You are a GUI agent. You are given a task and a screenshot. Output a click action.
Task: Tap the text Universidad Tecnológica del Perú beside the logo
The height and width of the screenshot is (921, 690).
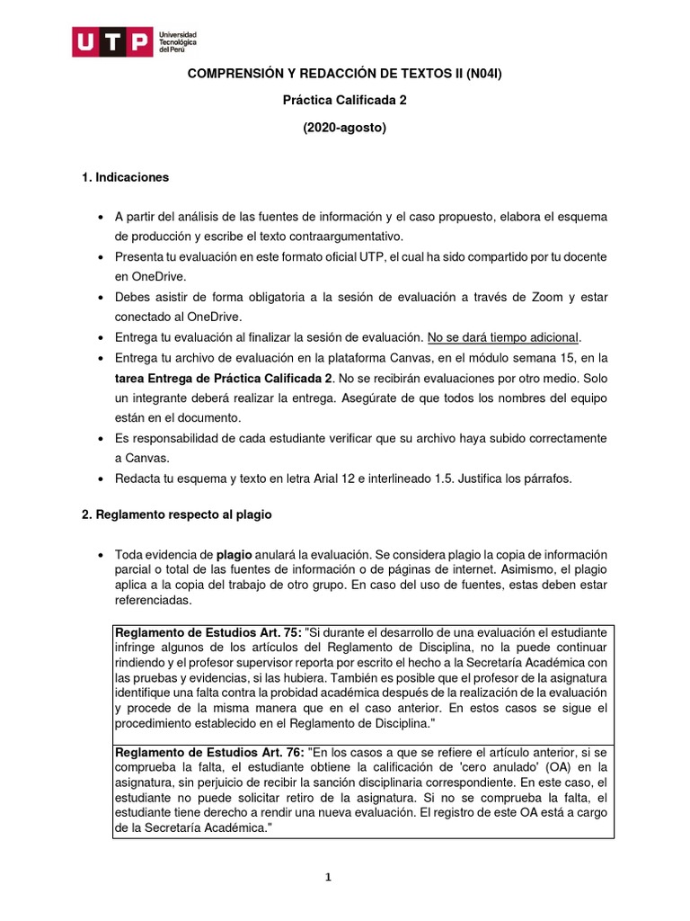(177, 42)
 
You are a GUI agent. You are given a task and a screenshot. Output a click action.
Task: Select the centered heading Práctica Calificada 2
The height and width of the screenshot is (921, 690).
(344, 101)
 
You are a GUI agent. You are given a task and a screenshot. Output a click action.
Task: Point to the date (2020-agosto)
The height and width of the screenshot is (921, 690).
(344, 128)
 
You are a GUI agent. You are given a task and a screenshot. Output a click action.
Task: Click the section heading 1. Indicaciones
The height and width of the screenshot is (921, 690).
(125, 177)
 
